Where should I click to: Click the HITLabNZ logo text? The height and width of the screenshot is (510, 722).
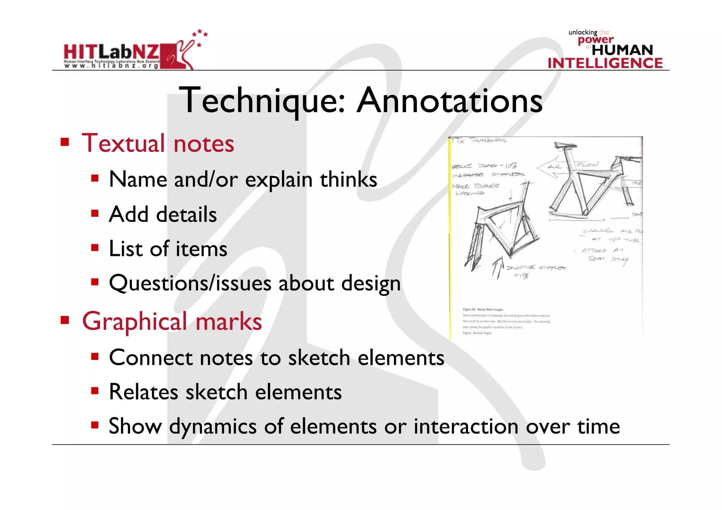[111, 52]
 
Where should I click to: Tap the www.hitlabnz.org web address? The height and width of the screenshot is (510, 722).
[111, 66]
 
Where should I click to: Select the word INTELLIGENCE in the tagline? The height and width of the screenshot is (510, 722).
[605, 63]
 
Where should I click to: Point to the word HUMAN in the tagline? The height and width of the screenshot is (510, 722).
[622, 50]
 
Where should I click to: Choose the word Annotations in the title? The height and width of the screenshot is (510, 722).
[449, 101]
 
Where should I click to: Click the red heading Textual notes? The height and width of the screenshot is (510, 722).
[158, 143]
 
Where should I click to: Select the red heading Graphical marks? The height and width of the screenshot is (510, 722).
[172, 321]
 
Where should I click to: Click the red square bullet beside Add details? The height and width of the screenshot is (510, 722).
[94, 213]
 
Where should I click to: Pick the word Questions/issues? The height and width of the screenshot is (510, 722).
[190, 283]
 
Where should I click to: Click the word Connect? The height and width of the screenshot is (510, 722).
[151, 358]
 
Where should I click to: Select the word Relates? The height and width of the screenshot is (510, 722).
[144, 392]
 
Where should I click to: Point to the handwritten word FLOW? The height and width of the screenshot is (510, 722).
[587, 165]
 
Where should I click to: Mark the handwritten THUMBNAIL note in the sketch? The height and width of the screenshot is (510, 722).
[488, 141]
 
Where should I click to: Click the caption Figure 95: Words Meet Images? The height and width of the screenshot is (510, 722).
[483, 309]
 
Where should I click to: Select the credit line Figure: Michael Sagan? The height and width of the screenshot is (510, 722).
[477, 333]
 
